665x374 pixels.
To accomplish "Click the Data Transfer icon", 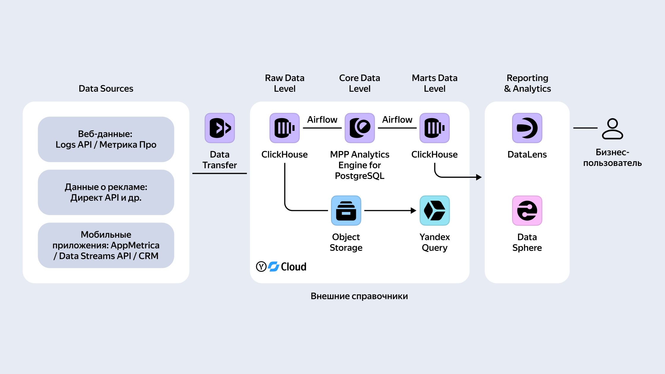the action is click(x=220, y=128).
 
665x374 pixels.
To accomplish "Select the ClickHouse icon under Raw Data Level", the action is click(x=284, y=128).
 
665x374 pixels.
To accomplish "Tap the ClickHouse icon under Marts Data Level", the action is click(x=434, y=128).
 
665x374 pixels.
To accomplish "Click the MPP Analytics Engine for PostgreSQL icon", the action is click(x=360, y=128).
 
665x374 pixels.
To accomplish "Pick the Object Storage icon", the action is click(x=346, y=210).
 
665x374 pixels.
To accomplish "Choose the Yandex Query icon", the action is click(x=434, y=210).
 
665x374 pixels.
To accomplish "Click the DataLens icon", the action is click(x=527, y=128).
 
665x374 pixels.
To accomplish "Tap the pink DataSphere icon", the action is click(x=527, y=210).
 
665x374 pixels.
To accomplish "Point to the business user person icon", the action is click(x=612, y=129).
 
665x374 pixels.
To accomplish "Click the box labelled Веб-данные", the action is click(x=106, y=139).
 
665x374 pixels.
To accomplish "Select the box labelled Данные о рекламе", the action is click(x=106, y=192).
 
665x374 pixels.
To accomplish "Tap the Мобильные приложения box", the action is click(x=106, y=245).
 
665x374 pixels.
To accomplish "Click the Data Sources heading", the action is click(x=106, y=88).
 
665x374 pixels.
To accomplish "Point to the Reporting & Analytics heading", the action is click(x=527, y=83).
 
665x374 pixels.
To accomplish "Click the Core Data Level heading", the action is click(x=360, y=83).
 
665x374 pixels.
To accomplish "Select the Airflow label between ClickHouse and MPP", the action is click(x=322, y=119).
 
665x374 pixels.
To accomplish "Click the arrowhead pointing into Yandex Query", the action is click(x=414, y=210).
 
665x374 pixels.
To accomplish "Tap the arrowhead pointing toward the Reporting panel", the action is click(x=479, y=177).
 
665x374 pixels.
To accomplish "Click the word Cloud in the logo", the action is click(x=294, y=267).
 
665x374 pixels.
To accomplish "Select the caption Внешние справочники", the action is click(x=359, y=296).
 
